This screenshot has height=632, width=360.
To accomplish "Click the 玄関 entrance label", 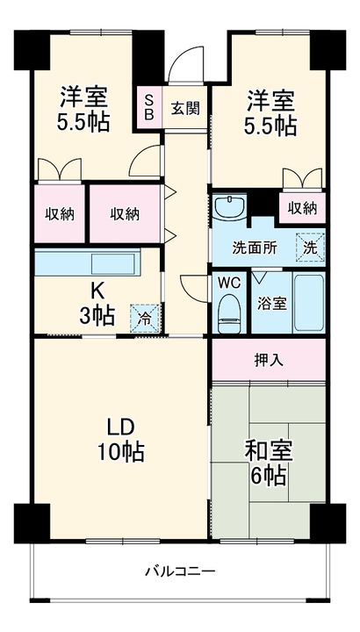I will point(184,108).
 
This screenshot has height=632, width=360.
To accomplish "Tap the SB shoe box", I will point(148,108).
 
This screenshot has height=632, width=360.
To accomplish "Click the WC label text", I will point(227,283).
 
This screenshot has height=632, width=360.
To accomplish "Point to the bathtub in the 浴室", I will point(307,303).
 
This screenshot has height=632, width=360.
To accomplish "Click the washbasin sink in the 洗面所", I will point(232,209).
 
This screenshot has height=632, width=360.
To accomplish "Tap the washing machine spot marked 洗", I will point(310,247).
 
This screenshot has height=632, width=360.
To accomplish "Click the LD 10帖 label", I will point(120,439).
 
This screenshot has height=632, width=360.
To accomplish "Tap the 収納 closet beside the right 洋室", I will point(302,208).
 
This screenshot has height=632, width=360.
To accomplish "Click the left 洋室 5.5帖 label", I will point(84,108).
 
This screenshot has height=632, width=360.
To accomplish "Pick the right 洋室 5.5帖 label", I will point(269,112).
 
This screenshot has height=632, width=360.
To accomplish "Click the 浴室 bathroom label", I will point(270,303).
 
